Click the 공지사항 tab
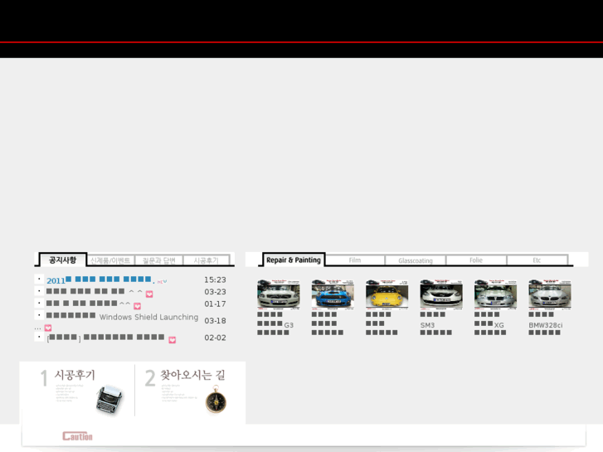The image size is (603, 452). [62, 260]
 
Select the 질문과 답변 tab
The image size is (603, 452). [158, 260]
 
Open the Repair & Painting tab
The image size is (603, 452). [294, 260]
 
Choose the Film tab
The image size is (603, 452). [355, 260]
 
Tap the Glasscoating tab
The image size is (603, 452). [416, 260]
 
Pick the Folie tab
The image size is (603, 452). [476, 260]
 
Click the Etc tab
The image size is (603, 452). [537, 260]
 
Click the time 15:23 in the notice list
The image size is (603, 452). [215, 280]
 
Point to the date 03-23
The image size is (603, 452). [215, 292]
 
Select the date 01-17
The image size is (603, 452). [215, 304]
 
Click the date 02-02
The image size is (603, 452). [215, 338]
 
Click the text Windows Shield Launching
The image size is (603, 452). [148, 318]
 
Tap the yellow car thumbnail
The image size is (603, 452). [387, 294]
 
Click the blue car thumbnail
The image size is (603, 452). [333, 294]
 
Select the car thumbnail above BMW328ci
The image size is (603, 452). [549, 294]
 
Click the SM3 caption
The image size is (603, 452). [427, 325]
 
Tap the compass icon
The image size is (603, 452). [216, 400]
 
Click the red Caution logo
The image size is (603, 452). [77, 436]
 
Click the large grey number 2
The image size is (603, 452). [150, 379]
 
